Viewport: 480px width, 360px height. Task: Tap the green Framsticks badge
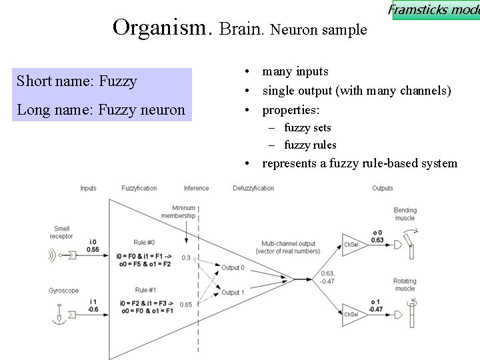pyautogui.click(x=435, y=10)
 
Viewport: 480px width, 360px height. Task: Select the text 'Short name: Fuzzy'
pyautogui.click(x=77, y=81)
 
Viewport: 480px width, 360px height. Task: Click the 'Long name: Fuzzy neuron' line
pyautogui.click(x=101, y=109)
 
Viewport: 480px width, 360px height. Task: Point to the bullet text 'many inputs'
pyautogui.click(x=295, y=71)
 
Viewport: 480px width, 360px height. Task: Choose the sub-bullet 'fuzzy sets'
pyautogui.click(x=307, y=127)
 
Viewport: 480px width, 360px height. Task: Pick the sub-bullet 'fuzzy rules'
pyautogui.click(x=310, y=145)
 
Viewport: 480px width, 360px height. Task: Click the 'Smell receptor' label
pyautogui.click(x=61, y=233)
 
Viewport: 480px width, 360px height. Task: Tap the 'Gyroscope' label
pyautogui.click(x=64, y=291)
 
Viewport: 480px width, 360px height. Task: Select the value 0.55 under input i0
pyautogui.click(x=93, y=249)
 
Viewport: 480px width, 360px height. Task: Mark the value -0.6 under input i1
pyautogui.click(x=93, y=309)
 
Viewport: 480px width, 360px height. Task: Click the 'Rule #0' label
pyautogui.click(x=145, y=243)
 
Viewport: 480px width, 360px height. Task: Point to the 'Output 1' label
pyautogui.click(x=233, y=293)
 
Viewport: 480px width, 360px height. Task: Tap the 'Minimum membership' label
pyautogui.click(x=183, y=212)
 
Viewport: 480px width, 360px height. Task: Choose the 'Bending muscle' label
pyautogui.click(x=405, y=214)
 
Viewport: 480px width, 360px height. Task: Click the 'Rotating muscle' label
pyautogui.click(x=405, y=285)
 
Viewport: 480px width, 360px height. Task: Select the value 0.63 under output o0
pyautogui.click(x=377, y=240)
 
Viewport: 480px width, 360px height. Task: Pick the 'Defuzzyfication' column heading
pyautogui.click(x=253, y=189)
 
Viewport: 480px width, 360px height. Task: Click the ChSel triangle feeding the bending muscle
pyautogui.click(x=351, y=245)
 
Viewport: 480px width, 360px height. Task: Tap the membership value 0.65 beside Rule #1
pyautogui.click(x=186, y=305)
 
